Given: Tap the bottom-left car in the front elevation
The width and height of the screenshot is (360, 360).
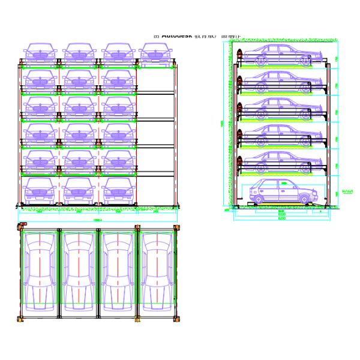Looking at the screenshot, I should click(40, 191).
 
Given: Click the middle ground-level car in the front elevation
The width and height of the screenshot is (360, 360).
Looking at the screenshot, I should click(79, 191).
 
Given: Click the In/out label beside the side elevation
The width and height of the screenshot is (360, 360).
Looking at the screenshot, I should click(347, 192).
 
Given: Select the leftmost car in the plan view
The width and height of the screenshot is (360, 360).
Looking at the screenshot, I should click(39, 271).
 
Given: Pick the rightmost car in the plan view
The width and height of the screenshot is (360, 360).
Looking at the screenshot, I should click(157, 271).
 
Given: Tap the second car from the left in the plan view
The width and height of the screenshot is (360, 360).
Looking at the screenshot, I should click(79, 271).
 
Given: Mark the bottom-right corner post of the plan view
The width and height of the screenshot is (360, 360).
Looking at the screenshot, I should click(177, 319).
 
